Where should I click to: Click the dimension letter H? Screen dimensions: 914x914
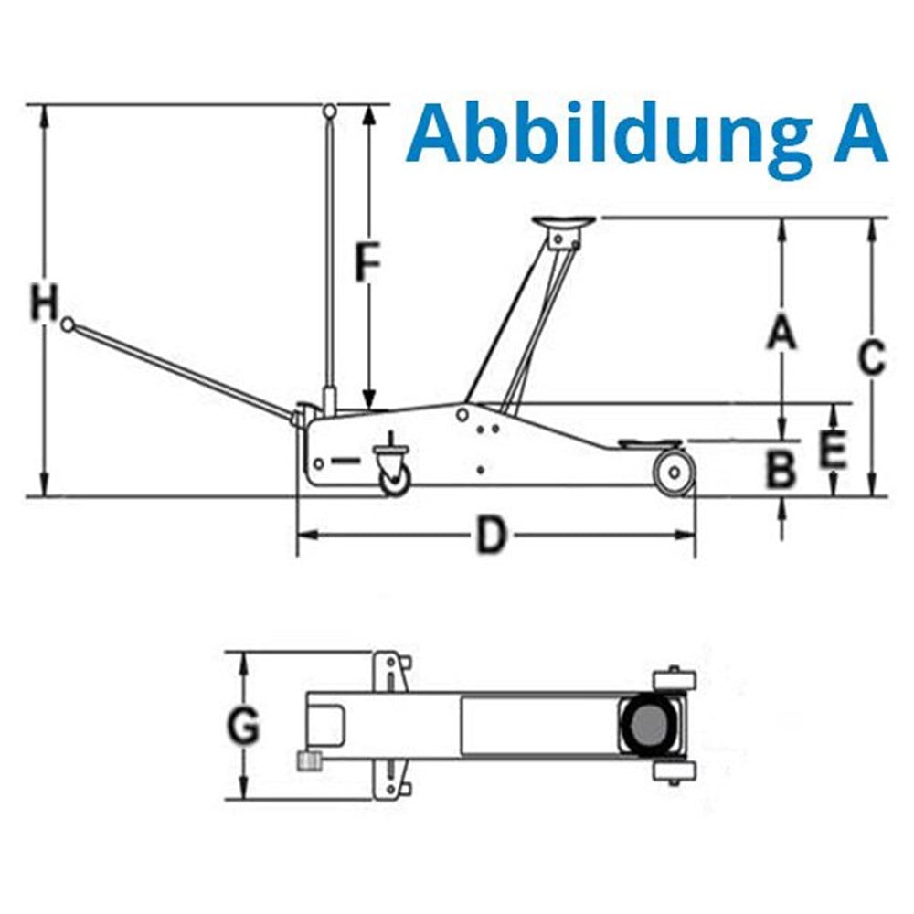pos(46,303)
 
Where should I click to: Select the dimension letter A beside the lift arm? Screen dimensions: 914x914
pos(781,332)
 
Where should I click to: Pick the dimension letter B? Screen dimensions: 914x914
pos(781,469)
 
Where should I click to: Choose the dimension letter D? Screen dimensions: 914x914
pos(492,535)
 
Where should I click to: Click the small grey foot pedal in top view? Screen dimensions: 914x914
pos(310,762)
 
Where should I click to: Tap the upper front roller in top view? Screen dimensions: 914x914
pos(675,680)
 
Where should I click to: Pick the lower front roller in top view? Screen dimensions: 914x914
pos(675,771)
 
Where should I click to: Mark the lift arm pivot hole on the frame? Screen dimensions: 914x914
pos(462,414)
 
